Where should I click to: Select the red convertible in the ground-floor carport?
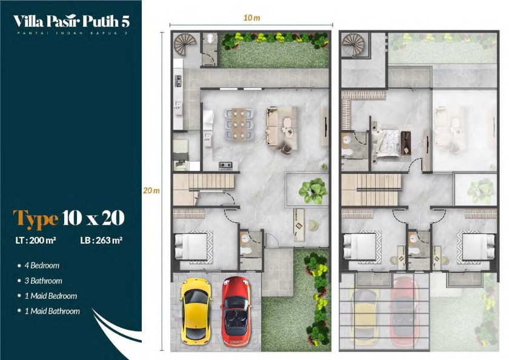[236, 311]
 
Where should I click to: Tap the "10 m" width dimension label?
[251, 18]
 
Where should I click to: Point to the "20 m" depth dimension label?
[151, 190]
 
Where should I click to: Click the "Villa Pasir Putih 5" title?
[72, 21]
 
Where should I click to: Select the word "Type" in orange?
[35, 218]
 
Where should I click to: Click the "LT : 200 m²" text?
[36, 241]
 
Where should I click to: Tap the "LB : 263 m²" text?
[101, 241]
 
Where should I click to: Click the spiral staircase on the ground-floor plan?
[185, 45]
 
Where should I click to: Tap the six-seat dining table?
[239, 124]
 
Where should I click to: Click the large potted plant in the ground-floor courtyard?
[313, 192]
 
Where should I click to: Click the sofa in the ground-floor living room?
[281, 127]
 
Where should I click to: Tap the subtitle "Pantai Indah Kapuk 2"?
[72, 33]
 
